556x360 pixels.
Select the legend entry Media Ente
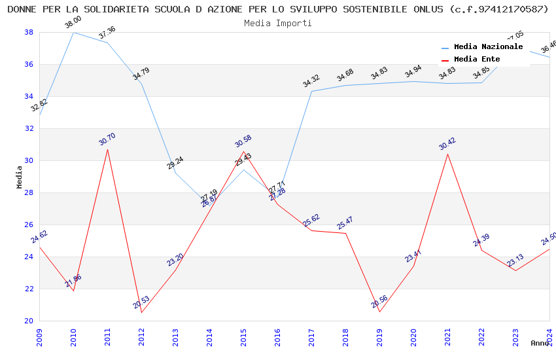click(477, 60)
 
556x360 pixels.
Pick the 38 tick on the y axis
click(29, 32)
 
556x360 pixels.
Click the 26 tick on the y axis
click(29, 225)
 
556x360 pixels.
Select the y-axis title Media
click(20, 177)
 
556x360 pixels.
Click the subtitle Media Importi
click(278, 23)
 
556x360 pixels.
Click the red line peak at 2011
click(107, 149)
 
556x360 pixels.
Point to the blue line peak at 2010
click(73, 32)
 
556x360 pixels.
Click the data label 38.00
click(73, 23)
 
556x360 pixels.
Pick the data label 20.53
click(141, 302)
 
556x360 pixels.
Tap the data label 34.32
click(311, 82)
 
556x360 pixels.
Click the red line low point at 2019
click(379, 312)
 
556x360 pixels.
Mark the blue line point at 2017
click(311, 91)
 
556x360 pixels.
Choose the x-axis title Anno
click(540, 343)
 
